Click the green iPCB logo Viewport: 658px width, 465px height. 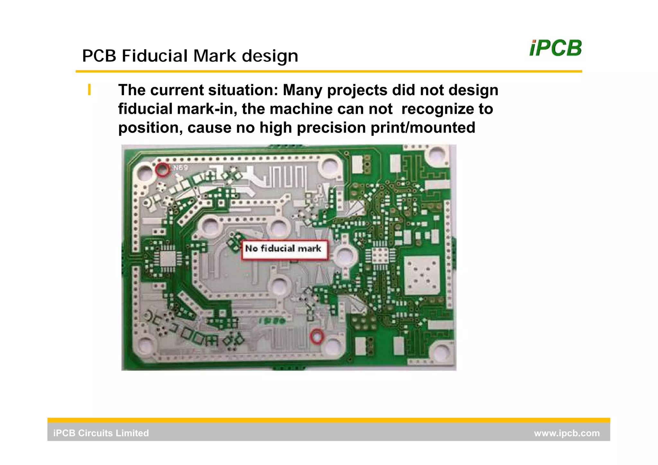click(555, 49)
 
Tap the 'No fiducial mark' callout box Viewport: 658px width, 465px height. click(285, 249)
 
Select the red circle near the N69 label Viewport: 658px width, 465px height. click(162, 169)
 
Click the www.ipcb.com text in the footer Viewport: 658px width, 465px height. click(566, 433)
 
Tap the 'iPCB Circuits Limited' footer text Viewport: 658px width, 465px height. click(101, 433)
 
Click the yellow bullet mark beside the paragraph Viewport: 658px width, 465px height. click(89, 90)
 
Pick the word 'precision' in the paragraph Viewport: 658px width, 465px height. click(331, 128)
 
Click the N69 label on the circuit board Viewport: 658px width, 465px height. click(181, 167)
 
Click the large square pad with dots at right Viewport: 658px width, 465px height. click(422, 275)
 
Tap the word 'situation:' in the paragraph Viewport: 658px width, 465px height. click(243, 90)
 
